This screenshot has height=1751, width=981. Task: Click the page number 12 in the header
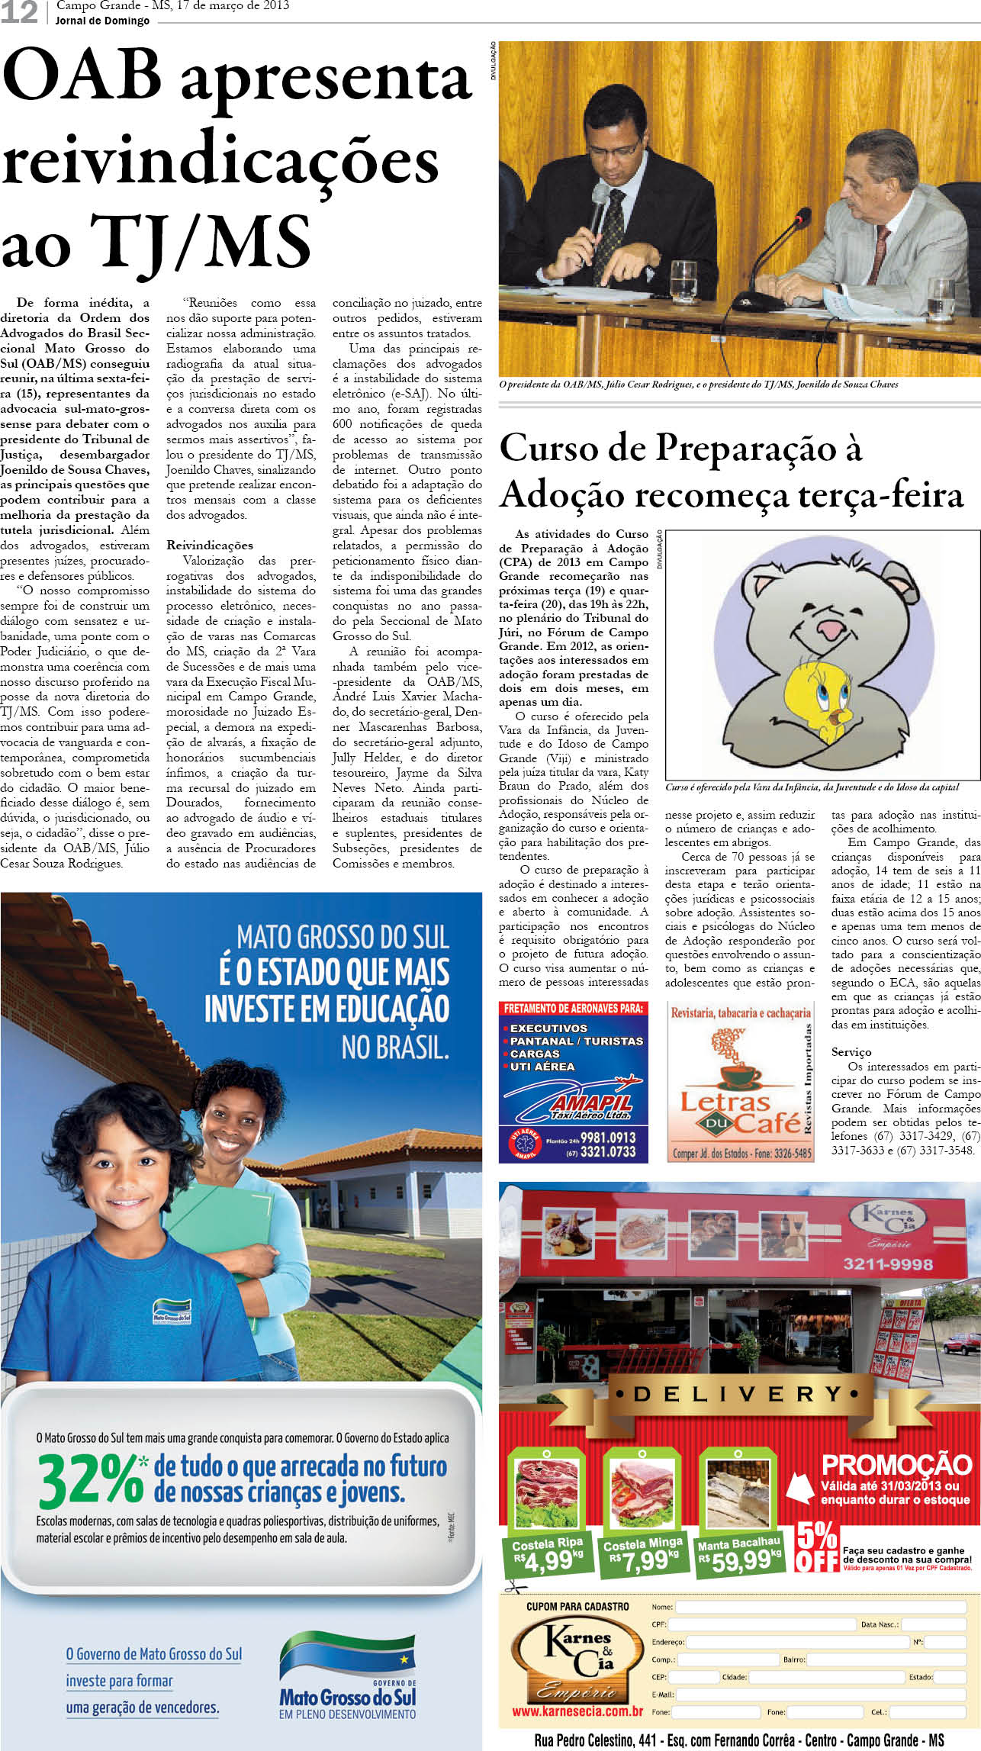(x=19, y=11)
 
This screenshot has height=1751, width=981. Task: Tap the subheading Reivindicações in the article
(x=210, y=546)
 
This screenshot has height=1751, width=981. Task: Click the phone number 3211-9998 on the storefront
(x=888, y=1264)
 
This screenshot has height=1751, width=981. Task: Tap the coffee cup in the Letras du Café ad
(x=739, y=1077)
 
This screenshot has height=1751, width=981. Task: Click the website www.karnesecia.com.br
(x=577, y=1711)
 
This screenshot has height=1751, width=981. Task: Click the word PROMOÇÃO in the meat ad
(x=896, y=1465)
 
